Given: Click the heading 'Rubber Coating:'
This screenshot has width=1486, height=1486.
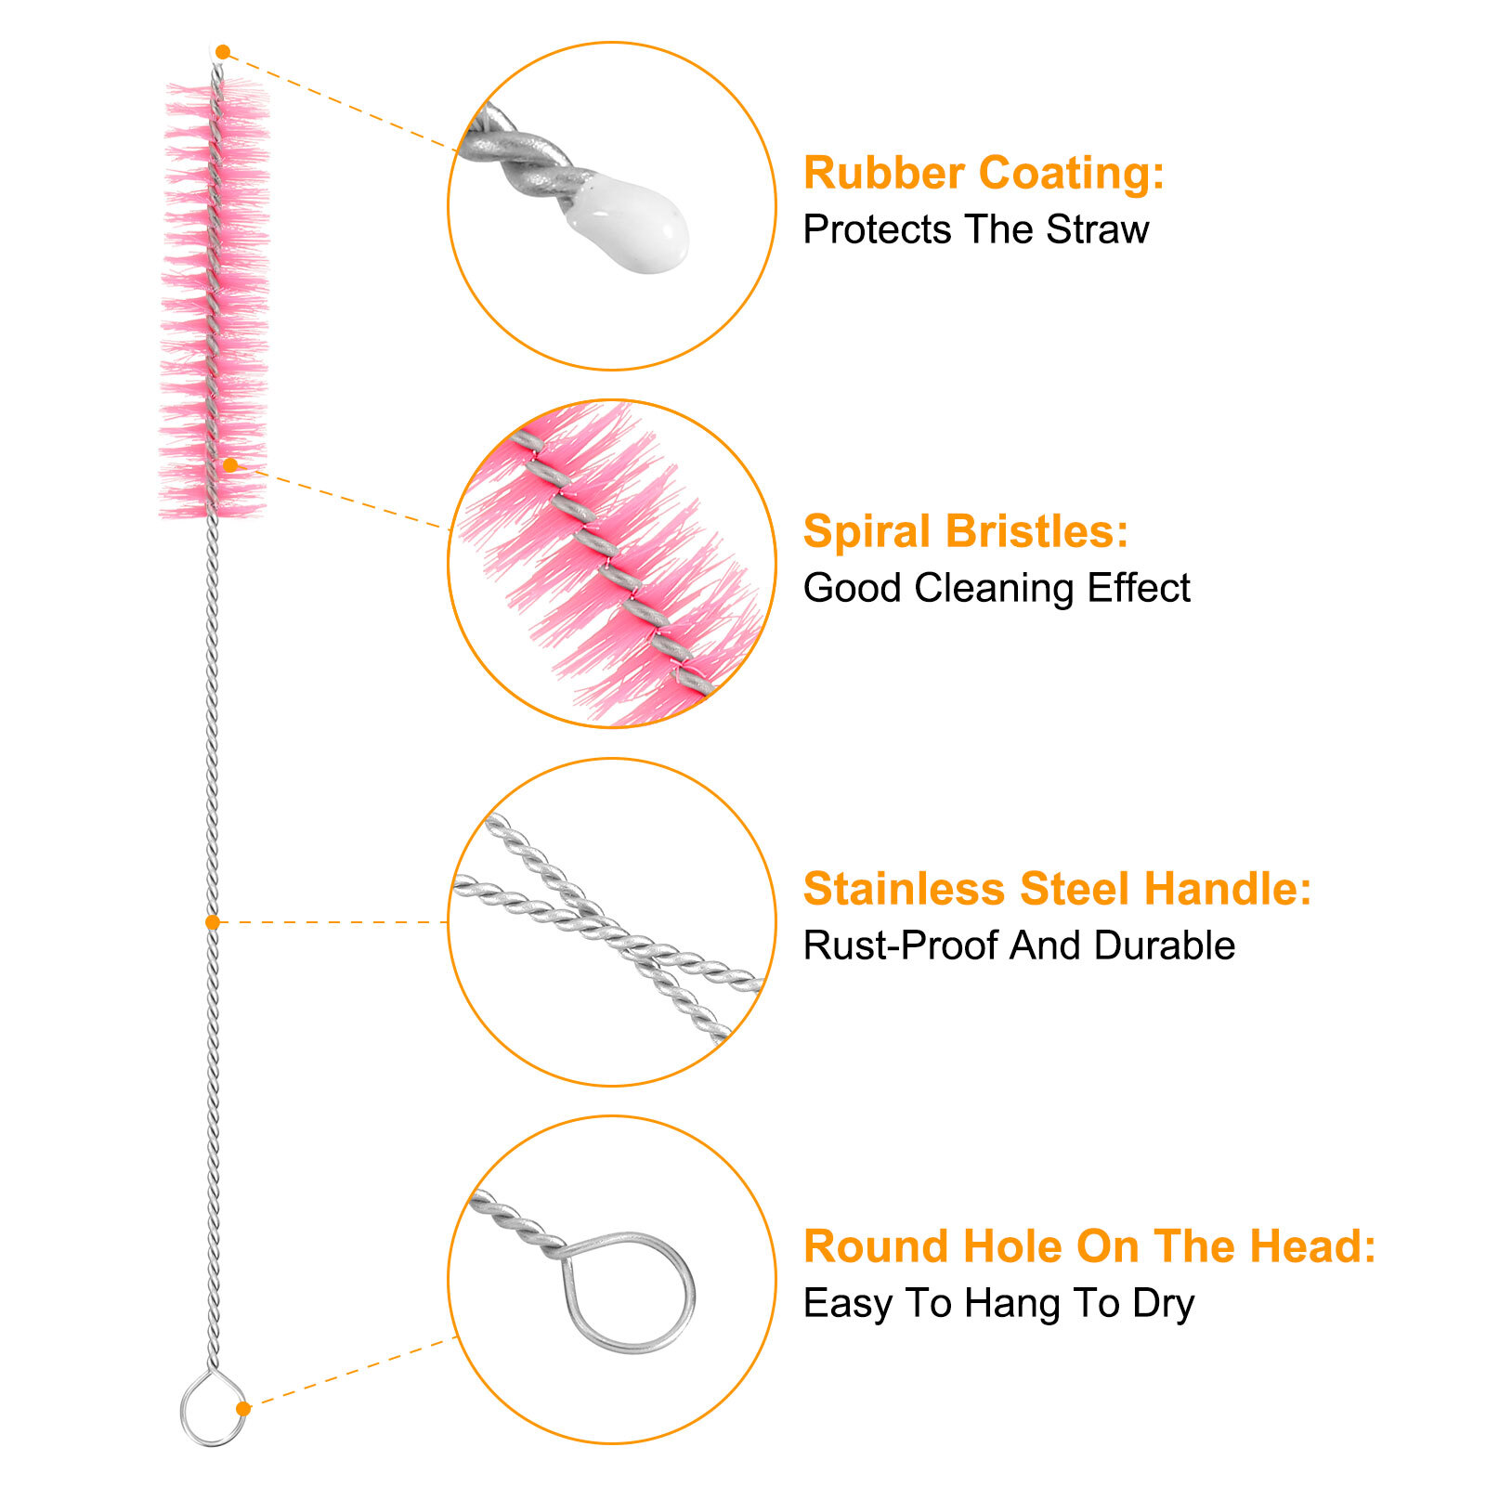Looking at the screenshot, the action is [984, 174].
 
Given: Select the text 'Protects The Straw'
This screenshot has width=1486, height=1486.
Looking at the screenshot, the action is [975, 229].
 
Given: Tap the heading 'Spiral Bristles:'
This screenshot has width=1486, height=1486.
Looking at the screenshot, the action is [965, 532].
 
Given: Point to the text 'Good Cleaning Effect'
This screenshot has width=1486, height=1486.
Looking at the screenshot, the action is [996, 588].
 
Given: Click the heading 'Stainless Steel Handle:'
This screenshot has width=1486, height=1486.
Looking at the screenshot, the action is [1057, 889].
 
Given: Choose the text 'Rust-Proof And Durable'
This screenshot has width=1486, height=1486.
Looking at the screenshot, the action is [1019, 945].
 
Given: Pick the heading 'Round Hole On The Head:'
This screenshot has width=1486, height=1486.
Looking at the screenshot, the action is [1088, 1246].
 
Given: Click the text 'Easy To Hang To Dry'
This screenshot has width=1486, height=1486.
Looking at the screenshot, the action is [998, 1303].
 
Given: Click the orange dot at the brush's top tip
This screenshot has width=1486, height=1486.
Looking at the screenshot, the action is [223, 52].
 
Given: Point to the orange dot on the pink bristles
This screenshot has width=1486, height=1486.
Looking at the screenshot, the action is [230, 464].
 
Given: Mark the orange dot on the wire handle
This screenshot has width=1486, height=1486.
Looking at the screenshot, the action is [213, 922].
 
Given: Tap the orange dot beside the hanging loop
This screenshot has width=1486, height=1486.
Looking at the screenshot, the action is [243, 1409].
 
